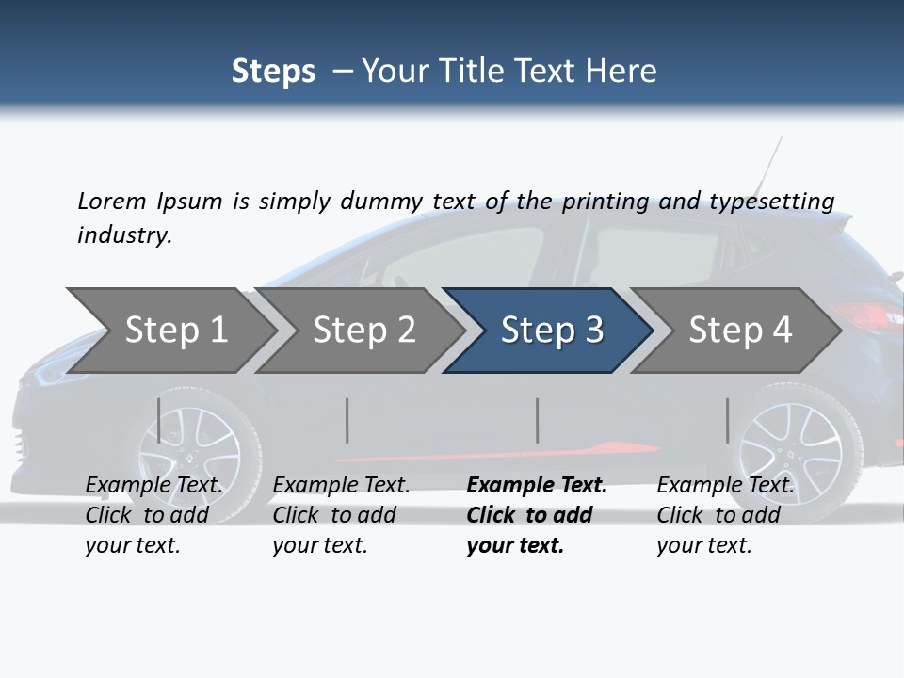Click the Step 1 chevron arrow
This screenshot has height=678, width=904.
pyautogui.click(x=174, y=330)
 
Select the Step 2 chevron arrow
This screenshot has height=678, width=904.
pyautogui.click(x=363, y=330)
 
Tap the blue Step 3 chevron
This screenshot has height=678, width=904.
pyautogui.click(x=551, y=330)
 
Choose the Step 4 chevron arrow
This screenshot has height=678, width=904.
pyautogui.click(x=739, y=330)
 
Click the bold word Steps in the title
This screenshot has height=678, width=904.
pyautogui.click(x=273, y=72)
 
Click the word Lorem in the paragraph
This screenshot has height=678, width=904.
pyautogui.click(x=111, y=201)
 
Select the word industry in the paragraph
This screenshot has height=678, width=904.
pyautogui.click(x=123, y=234)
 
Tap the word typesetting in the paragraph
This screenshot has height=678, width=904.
pyautogui.click(x=771, y=202)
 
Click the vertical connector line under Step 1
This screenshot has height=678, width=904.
pyautogui.click(x=159, y=420)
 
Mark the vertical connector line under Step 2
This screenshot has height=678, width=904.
pyautogui.click(x=347, y=420)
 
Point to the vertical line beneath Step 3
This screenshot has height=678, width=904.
pyautogui.click(x=538, y=420)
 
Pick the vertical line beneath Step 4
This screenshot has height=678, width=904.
pyautogui.click(x=728, y=420)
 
